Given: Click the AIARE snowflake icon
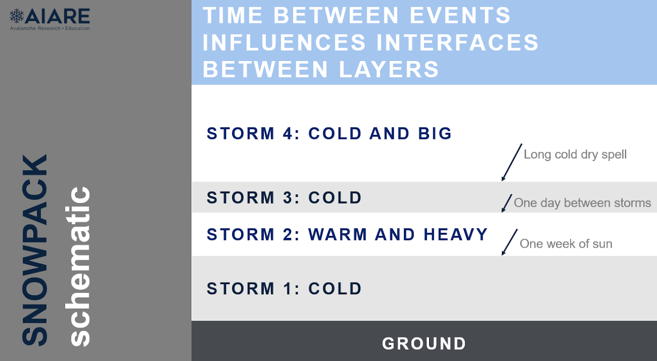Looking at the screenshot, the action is pos(16,16).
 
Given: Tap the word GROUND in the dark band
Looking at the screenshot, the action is pos(424,344).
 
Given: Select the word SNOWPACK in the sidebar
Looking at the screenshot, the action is pos(34,250).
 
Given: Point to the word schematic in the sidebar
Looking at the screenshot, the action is pos(77,266).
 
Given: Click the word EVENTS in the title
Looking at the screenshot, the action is pos(460,15).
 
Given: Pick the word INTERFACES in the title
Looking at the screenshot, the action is pos(457,43).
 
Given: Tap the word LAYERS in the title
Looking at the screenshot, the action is pos(389,69).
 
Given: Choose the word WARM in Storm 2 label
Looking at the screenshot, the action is pos(338,234).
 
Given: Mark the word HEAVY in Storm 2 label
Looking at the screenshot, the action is pos(456,234).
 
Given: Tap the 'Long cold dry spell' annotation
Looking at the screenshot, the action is pos(575,154).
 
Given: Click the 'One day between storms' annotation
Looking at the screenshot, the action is pos(583,203).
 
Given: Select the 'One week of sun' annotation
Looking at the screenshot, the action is pos(566,244).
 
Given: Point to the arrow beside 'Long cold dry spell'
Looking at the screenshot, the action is pos(512,163).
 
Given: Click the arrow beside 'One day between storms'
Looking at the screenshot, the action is pos(507,203).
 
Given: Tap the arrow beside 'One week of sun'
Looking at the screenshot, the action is pos(510,243).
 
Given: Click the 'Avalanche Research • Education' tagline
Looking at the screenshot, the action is pos(50,28).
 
